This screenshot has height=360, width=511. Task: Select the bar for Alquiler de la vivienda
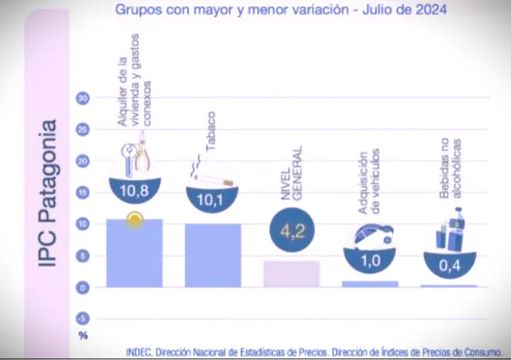click(x=134, y=254)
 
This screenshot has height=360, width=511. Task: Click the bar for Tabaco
click(x=213, y=255)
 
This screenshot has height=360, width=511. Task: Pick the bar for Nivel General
click(x=291, y=274)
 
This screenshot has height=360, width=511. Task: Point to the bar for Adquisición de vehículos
click(x=370, y=284)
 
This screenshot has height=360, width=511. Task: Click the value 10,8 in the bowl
click(x=134, y=191)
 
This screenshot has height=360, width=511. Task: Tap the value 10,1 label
click(x=211, y=200)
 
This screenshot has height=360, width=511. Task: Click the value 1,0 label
click(x=370, y=261)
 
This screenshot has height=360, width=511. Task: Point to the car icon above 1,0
click(x=371, y=236)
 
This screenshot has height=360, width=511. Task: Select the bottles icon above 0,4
click(x=450, y=231)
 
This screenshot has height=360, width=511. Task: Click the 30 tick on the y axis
click(x=82, y=99)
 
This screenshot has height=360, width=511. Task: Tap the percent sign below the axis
click(x=82, y=334)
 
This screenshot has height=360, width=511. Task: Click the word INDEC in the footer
click(x=138, y=351)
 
